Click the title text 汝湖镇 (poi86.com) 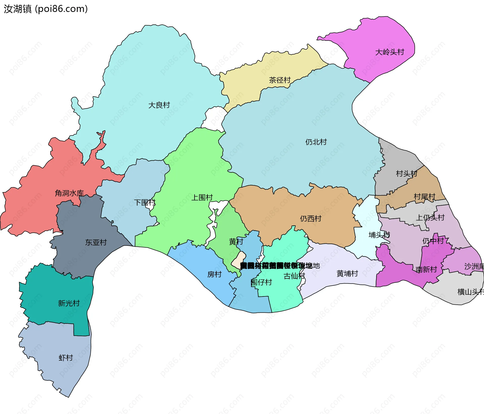[46, 9]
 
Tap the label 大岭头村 [389, 52]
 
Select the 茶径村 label [280, 80]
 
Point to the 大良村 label [159, 105]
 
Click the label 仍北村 [316, 142]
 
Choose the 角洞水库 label [69, 193]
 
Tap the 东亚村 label [96, 242]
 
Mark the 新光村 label [69, 303]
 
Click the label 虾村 [66, 358]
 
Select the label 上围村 [202, 197]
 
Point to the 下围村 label [145, 202]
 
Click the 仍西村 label [311, 219]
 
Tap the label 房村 [214, 274]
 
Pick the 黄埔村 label [347, 273]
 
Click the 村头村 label [406, 174]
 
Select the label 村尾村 [425, 197]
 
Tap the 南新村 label [426, 269]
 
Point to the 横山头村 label [470, 292]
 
